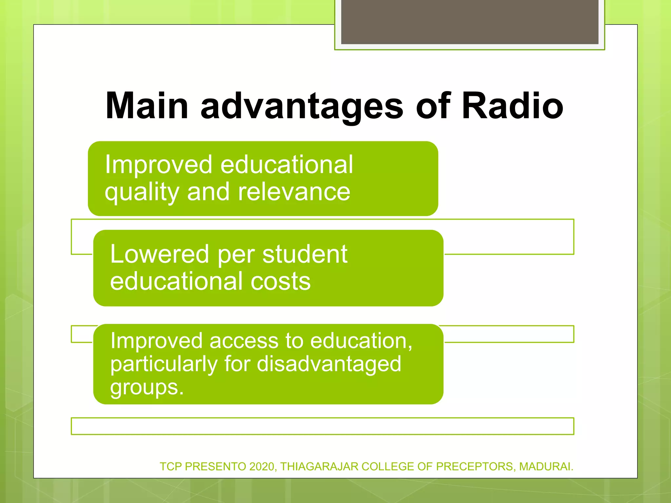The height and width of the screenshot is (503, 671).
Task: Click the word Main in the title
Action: [147, 106]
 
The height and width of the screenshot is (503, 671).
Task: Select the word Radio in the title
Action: [512, 106]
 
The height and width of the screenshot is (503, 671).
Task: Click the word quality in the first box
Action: [142, 193]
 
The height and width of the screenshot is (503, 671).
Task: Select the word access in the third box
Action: [243, 341]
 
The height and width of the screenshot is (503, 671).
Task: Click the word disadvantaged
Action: [329, 364]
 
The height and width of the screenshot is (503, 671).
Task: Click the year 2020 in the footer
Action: [261, 466]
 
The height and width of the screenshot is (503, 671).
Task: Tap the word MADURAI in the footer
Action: [545, 466]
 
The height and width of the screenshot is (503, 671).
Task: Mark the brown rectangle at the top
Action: [470, 22]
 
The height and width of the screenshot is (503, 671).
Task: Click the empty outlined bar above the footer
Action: [322, 426]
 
